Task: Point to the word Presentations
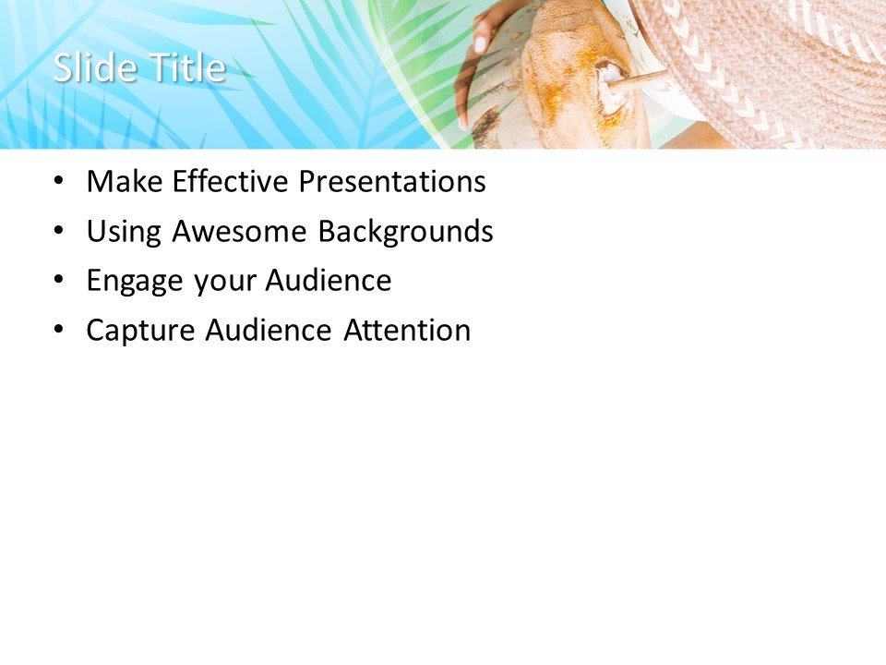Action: pos(391,182)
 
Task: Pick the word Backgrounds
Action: pos(405,232)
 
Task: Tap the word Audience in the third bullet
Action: pos(329,281)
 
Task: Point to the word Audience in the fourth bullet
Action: pos(268,330)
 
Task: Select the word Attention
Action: pos(407,330)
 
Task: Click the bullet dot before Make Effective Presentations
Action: pos(60,182)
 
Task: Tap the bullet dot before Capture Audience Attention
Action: pos(60,330)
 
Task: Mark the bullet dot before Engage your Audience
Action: pos(60,281)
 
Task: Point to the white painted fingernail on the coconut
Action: pos(480,44)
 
